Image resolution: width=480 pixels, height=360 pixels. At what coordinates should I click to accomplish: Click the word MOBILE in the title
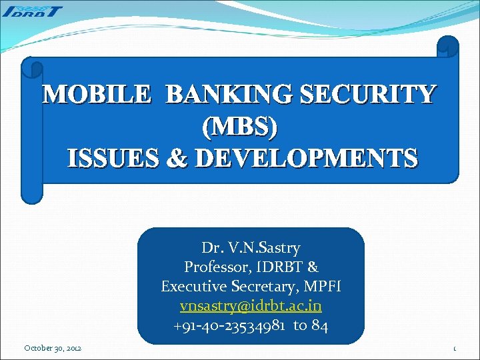click(x=97, y=95)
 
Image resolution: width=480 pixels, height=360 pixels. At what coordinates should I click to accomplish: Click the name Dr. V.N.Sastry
click(x=251, y=248)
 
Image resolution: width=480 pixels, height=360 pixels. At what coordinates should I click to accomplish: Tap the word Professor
click(x=214, y=267)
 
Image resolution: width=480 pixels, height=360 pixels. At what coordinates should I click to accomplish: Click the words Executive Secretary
click(x=235, y=287)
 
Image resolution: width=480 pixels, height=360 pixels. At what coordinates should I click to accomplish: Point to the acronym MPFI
click(x=324, y=287)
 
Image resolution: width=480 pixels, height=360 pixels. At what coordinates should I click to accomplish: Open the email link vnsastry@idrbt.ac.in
click(x=251, y=306)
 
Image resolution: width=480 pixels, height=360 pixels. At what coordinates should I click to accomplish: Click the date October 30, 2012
click(x=53, y=348)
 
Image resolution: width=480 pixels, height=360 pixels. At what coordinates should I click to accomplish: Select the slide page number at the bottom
click(x=454, y=349)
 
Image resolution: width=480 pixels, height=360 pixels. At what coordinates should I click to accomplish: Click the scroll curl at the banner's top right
click(x=447, y=47)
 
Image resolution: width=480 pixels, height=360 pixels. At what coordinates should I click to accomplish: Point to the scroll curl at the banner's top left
click(x=31, y=68)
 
